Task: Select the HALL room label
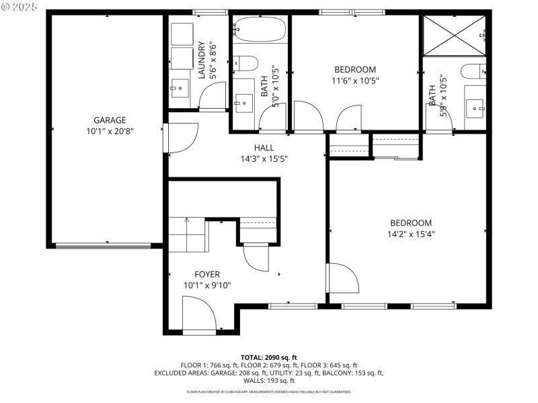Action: pyautogui.click(x=264, y=148)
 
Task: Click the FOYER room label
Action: pyautogui.click(x=207, y=274)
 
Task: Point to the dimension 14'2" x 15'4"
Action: pyautogui.click(x=409, y=234)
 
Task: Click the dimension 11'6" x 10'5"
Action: pyautogui.click(x=354, y=81)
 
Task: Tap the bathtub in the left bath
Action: pyautogui.click(x=260, y=30)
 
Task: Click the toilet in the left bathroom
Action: pyautogui.click(x=246, y=63)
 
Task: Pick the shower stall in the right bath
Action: pyautogui.click(x=453, y=34)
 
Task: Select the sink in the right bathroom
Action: pyautogui.click(x=476, y=105)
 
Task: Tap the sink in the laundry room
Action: pyautogui.click(x=179, y=85)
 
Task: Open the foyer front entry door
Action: pyautogui.click(x=199, y=316)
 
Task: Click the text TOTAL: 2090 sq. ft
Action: pyautogui.click(x=269, y=357)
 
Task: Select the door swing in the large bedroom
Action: pyautogui.click(x=344, y=279)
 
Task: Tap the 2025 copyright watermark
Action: pyautogui.click(x=21, y=7)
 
